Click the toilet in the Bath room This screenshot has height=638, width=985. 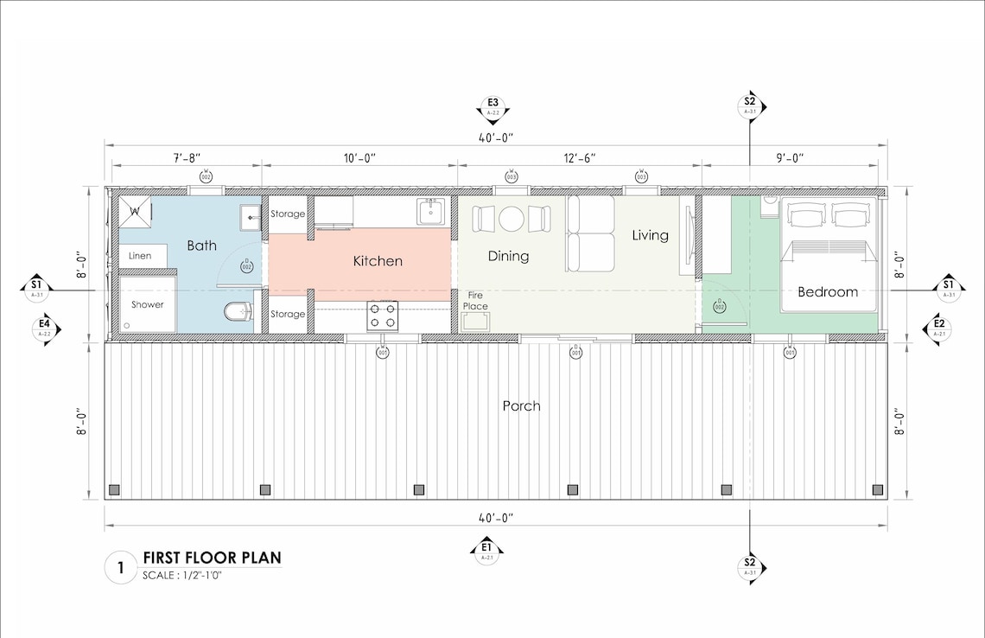click(236, 310)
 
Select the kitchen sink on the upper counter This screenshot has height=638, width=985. click(430, 211)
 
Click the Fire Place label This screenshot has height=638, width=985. click(475, 300)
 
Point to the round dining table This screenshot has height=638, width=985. click(511, 219)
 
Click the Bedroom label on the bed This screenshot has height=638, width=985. click(827, 292)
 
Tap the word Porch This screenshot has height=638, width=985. click(521, 405)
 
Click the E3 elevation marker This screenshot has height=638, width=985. click(493, 107)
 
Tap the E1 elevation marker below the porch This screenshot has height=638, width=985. click(486, 550)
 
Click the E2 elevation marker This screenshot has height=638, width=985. click(938, 327)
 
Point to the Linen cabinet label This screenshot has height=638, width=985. click(140, 256)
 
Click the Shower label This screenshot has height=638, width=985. click(147, 304)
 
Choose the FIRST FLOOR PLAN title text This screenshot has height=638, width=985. click(212, 558)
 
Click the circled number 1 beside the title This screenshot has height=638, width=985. click(120, 568)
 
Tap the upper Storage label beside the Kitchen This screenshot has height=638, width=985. click(288, 214)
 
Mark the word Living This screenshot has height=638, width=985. click(650, 235)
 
